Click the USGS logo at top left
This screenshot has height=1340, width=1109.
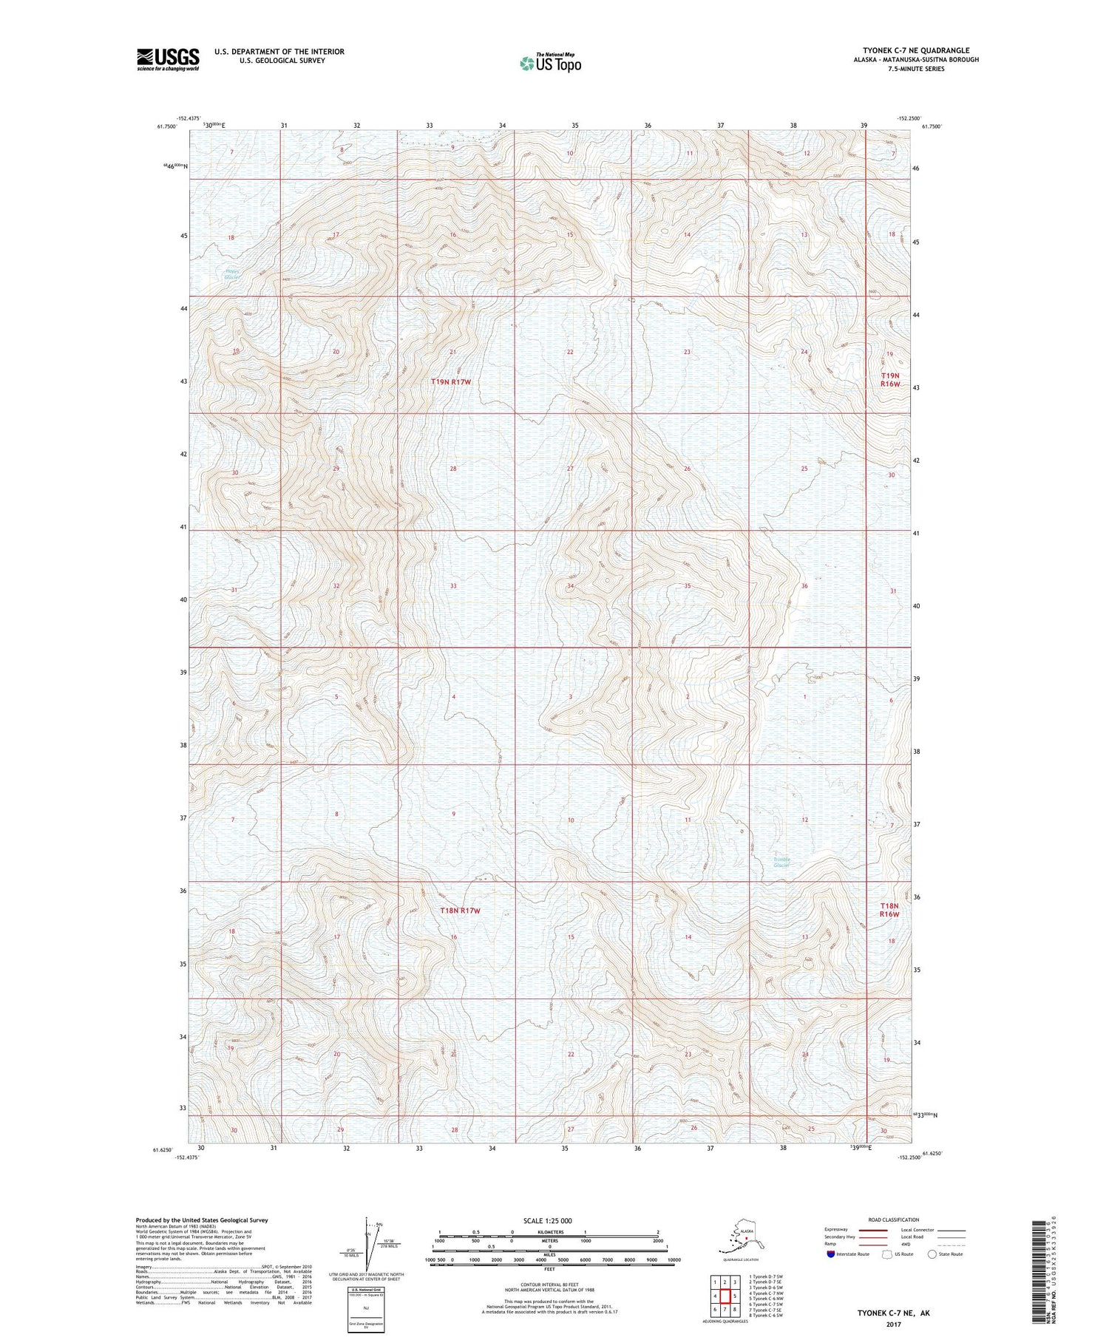pos(168,59)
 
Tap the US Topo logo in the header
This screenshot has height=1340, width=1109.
pos(551,63)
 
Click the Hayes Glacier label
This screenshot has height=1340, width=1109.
pos(233,273)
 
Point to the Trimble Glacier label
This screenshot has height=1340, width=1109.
pos(782,862)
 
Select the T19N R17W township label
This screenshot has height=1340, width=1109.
pos(451,382)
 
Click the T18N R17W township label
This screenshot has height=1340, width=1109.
pos(460,911)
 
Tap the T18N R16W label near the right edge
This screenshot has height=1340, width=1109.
pos(889,910)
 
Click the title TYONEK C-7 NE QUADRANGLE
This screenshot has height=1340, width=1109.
pos(915,50)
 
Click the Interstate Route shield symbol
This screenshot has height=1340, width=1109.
pos(831,1254)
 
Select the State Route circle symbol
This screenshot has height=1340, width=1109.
pos(932,1254)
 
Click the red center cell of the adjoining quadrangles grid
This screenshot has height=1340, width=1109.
pos(725,1296)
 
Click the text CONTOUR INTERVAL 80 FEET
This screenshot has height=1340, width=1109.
pos(549,1285)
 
